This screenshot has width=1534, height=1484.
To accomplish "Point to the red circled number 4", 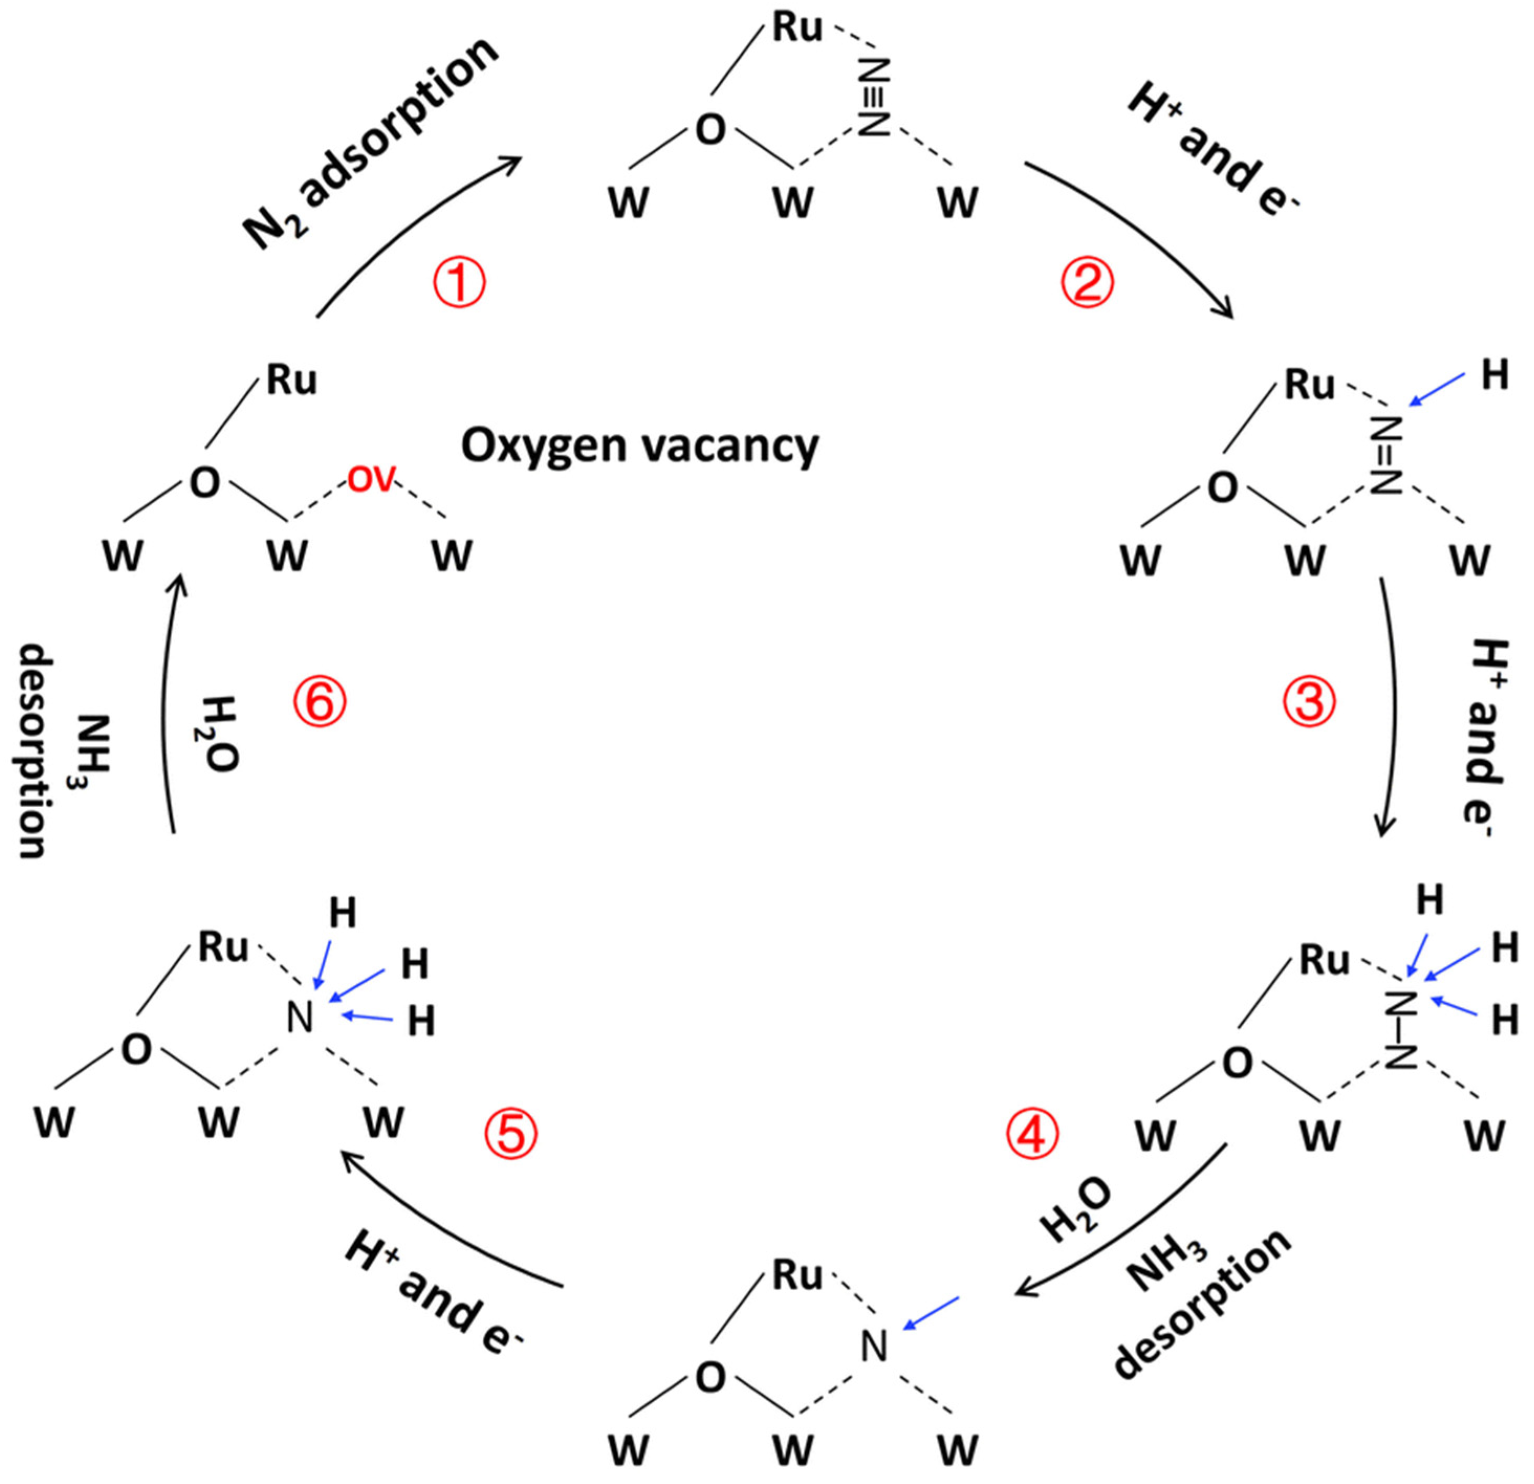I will click(x=1032, y=1134).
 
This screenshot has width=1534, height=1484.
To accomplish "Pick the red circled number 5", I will click(x=511, y=1134).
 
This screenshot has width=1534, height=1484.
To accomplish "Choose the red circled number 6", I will click(x=320, y=701).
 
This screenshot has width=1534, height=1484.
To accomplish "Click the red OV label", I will click(x=371, y=479).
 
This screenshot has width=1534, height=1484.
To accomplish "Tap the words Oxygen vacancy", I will click(x=639, y=446).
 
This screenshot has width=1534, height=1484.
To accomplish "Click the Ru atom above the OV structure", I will click(x=291, y=380).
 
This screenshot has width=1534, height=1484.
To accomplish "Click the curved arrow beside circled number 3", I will click(x=1391, y=705).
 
